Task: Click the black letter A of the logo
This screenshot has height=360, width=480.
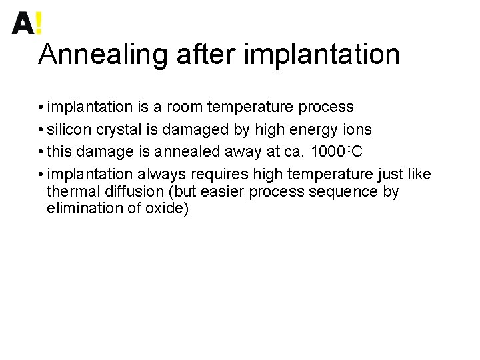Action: pos(22,24)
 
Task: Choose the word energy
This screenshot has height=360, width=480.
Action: pos(315,130)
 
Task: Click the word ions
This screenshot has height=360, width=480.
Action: pos(357,129)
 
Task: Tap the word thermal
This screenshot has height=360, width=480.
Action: pos(70,192)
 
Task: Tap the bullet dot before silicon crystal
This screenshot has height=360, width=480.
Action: pos(41,130)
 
